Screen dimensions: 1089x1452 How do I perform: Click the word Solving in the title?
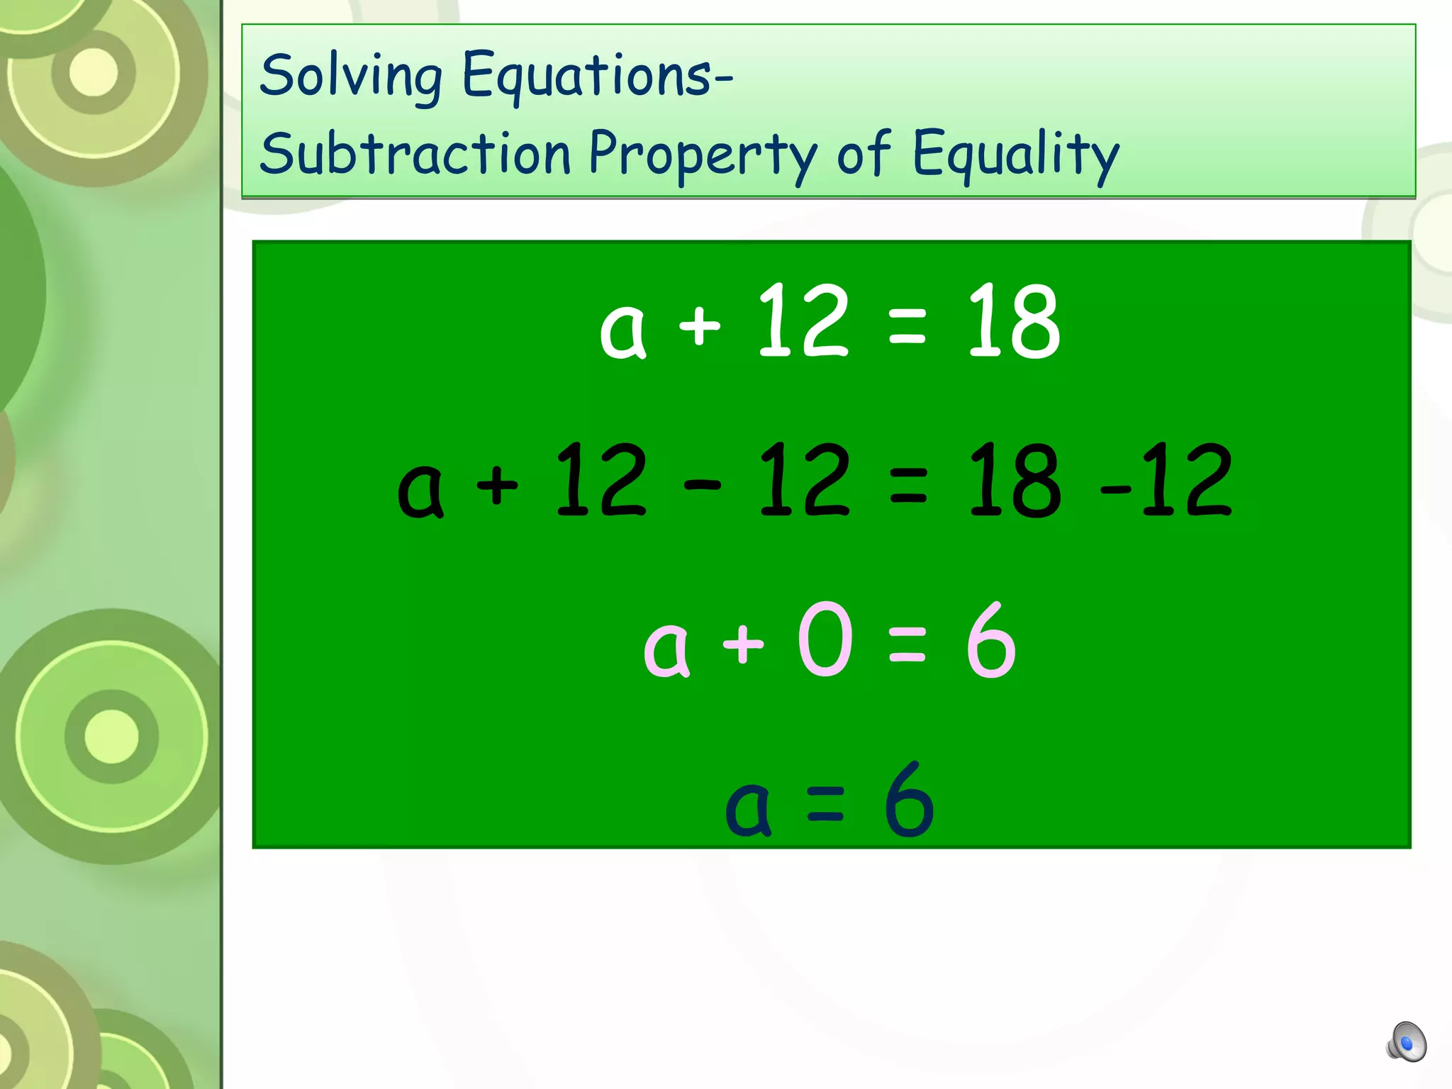(351, 77)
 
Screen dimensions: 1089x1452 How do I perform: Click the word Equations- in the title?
(597, 75)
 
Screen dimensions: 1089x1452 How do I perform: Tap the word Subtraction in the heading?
(415, 154)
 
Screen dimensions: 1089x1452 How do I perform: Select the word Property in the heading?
(703, 154)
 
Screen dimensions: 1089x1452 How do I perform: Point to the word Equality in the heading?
(1015, 154)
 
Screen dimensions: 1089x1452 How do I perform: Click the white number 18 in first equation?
(1014, 321)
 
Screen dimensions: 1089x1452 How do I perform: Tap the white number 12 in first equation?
(803, 321)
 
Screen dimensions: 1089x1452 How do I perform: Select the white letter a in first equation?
(622, 332)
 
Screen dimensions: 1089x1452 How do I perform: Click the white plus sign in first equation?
(700, 326)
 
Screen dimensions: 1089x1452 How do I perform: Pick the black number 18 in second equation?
(1014, 481)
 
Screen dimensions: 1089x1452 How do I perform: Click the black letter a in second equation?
(420, 491)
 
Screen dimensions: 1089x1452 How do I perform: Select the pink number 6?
(991, 640)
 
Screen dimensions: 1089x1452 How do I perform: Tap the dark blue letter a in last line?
(747, 810)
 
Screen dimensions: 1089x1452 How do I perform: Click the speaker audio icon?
(1407, 1042)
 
